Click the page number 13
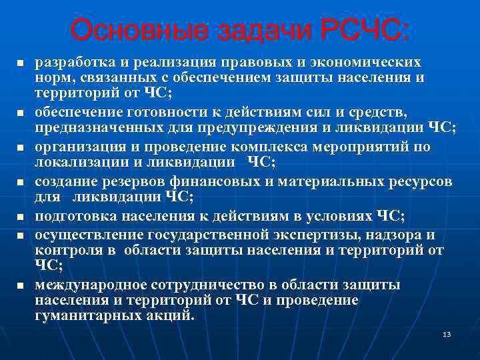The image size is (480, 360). [447, 333]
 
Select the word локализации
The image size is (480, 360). [76, 162]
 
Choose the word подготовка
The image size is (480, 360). [73, 215]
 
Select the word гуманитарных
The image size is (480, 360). [79, 317]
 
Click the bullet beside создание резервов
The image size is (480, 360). [20, 181]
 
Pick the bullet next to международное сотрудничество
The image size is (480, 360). [20, 285]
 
